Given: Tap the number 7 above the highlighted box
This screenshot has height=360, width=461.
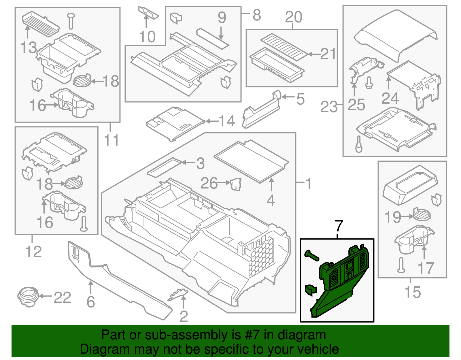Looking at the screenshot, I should coord(339,226).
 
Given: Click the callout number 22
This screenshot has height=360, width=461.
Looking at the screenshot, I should coord(62,297).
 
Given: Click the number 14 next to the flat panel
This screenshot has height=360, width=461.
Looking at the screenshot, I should coord(227,121).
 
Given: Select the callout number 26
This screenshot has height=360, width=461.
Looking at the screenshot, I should coord(209,183).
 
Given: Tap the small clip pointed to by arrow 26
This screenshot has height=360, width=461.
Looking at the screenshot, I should coord(236,184).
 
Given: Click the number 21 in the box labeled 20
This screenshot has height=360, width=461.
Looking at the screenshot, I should coord(328,54).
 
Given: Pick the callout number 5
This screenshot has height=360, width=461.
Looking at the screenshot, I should coord(300,99).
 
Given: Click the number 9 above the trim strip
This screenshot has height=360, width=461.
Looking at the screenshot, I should coord(222,18).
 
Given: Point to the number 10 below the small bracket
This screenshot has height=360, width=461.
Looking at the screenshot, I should coord(147,37).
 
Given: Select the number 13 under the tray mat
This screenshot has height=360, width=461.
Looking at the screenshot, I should coord(29,48).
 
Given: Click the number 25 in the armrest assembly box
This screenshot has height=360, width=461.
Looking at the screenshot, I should coord(356,105).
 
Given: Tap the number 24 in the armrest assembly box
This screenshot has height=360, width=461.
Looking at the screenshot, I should coord(390,99).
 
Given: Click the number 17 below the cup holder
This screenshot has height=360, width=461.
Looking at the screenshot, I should coord(426,268).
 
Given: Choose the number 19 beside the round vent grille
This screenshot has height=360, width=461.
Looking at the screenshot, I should coord(393,217).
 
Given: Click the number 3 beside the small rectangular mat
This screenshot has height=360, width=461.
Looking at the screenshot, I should coord(200,163).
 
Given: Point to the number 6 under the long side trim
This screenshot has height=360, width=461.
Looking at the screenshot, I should coord(91,302).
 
